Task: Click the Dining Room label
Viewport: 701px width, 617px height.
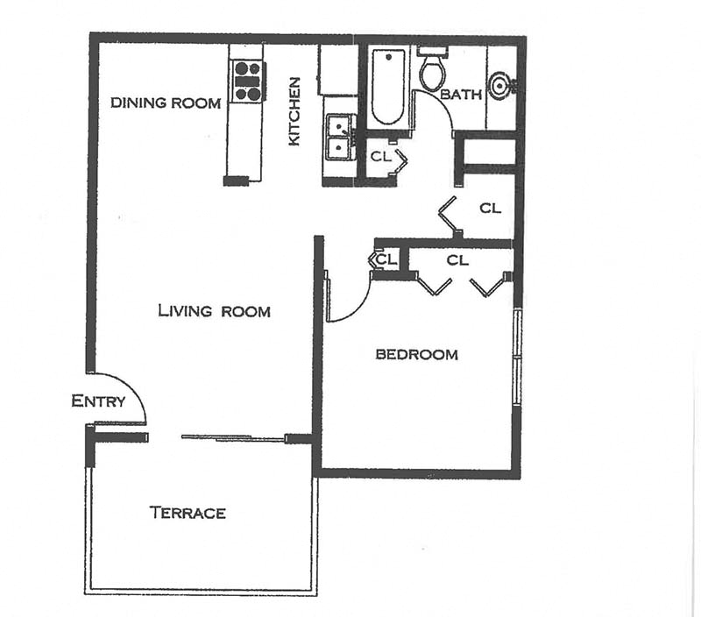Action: tap(166, 103)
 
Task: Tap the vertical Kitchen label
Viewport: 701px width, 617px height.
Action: tap(294, 110)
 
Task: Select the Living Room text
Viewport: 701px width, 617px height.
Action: tap(214, 311)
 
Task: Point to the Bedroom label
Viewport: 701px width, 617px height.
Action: tap(416, 355)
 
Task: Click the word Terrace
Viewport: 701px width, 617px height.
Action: tap(188, 513)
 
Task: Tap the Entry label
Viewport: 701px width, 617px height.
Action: tap(98, 401)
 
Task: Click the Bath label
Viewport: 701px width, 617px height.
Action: tap(461, 94)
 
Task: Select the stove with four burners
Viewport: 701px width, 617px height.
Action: tap(248, 81)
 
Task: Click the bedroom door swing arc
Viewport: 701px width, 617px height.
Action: tap(350, 302)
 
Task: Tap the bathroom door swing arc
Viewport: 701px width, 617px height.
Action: tap(435, 110)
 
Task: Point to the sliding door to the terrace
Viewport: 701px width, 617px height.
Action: tap(233, 437)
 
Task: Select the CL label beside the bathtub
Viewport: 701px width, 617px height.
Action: tap(379, 158)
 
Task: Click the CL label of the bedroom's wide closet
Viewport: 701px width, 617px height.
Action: tap(457, 260)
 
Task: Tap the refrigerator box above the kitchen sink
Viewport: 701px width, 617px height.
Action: tap(337, 70)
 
